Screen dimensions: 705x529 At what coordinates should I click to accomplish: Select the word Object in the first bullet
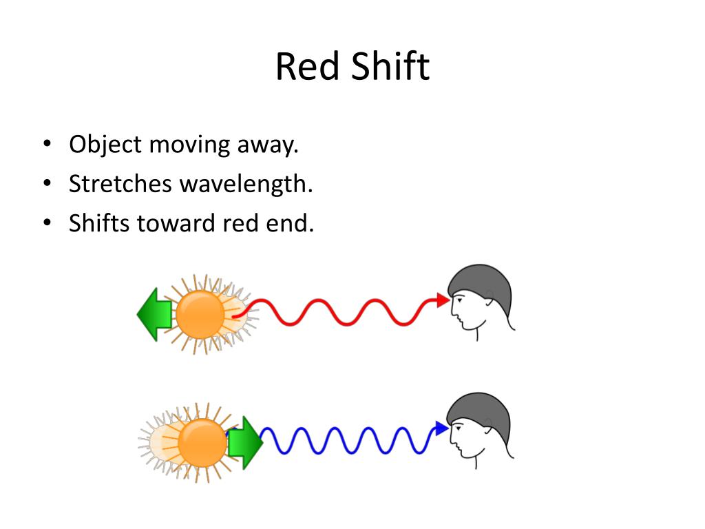(105, 145)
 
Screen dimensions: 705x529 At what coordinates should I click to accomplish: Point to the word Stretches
(120, 184)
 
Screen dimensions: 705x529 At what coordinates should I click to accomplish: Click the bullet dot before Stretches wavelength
(46, 184)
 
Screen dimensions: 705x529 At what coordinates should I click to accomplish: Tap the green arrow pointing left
(154, 315)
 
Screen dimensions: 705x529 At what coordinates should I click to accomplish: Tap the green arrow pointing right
(245, 443)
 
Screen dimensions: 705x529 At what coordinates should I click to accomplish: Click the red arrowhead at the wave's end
(443, 300)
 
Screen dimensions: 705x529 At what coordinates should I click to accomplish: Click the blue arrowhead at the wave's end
(441, 429)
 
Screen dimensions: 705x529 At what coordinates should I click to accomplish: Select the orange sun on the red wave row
(200, 315)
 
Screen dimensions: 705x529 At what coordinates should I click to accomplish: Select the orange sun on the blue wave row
(202, 443)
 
